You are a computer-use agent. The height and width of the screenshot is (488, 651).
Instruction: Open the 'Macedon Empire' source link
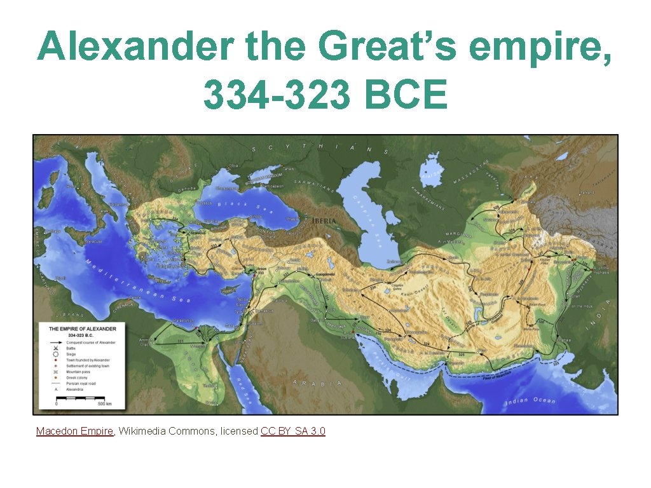[74, 431]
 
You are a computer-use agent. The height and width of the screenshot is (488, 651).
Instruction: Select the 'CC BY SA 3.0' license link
[293, 431]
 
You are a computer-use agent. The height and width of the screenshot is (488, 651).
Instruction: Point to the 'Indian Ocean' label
[530, 401]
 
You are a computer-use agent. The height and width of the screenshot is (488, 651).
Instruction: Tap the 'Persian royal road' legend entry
[83, 384]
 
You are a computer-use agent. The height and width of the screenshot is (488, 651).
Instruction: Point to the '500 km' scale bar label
[104, 404]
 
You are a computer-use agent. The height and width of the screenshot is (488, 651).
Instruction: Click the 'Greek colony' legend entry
[78, 377]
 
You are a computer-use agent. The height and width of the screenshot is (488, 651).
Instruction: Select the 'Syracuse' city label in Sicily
[93, 242]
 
